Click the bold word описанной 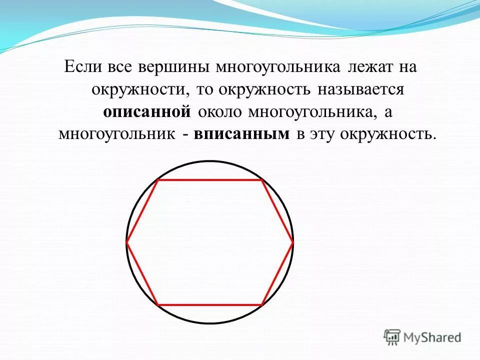click(x=147, y=112)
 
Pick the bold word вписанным click(x=242, y=134)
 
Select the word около click(x=220, y=112)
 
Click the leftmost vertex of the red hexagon click(x=127, y=242)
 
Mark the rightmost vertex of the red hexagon click(x=292, y=242)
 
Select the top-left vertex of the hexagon click(x=158, y=180)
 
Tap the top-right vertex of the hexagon click(x=262, y=180)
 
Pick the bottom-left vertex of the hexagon click(x=158, y=304)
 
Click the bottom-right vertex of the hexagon click(x=262, y=304)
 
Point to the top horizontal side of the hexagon click(x=210, y=180)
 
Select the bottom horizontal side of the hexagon click(x=210, y=304)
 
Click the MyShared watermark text click(x=433, y=337)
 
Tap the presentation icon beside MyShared click(x=392, y=337)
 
